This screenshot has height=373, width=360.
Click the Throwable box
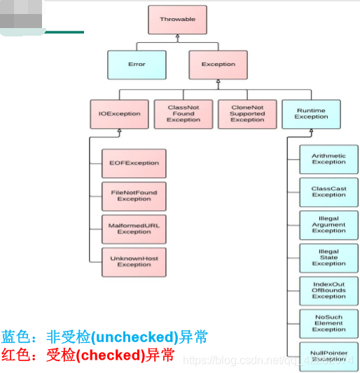point(177,20)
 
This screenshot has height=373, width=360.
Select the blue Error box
point(137,65)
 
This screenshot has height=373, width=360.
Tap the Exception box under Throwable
point(218,65)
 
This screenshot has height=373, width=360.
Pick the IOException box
point(119,114)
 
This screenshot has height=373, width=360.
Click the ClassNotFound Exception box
point(184,114)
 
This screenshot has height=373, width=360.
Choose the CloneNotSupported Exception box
point(247,114)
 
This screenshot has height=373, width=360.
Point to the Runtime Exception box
point(311,114)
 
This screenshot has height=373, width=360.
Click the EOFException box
point(134,163)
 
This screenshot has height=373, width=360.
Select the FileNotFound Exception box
point(134,196)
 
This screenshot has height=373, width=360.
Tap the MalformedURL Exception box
point(134,229)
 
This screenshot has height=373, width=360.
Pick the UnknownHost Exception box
point(134,262)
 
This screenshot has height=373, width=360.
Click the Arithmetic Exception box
point(328,159)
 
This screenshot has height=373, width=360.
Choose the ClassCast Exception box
point(328,192)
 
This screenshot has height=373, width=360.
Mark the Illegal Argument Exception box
point(328,225)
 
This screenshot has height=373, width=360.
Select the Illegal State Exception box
point(328,258)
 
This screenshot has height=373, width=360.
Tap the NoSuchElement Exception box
point(328,323)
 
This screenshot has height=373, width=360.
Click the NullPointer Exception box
point(328,355)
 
